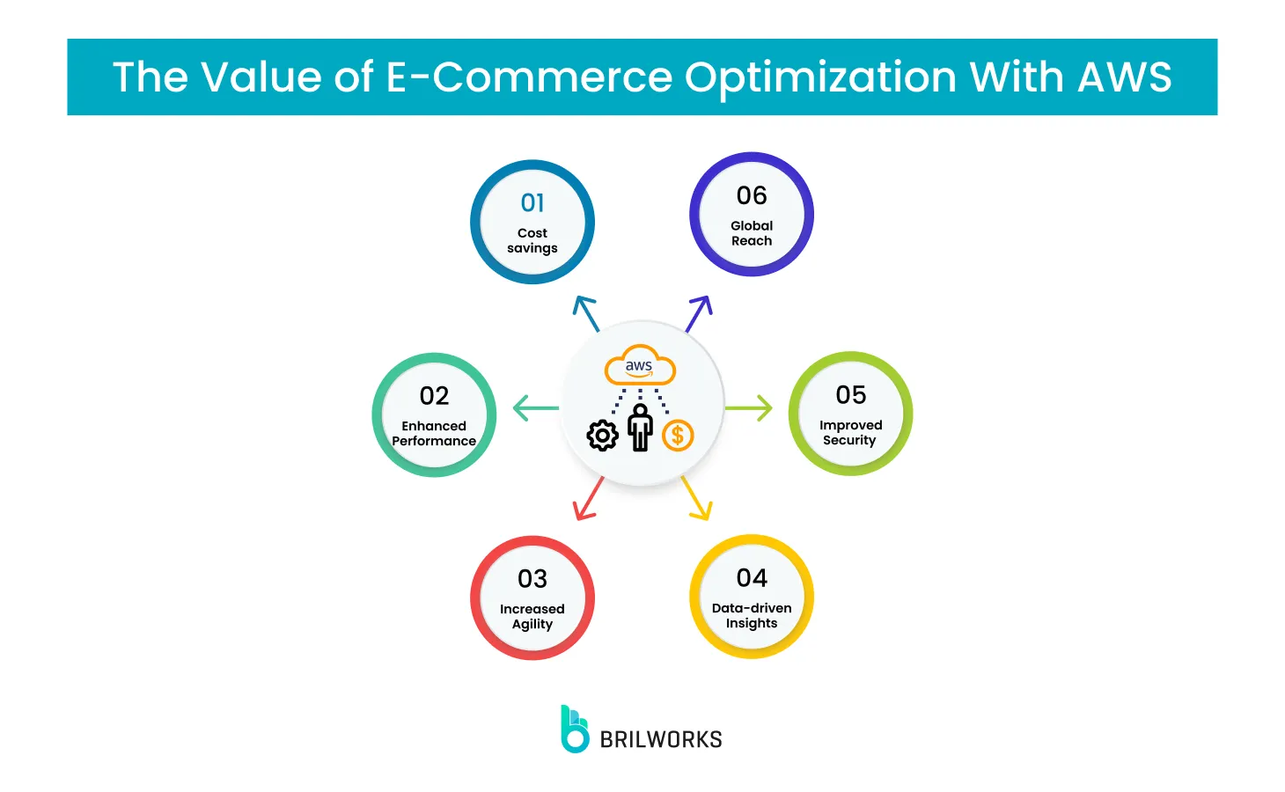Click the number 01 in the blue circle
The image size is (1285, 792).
pyautogui.click(x=532, y=203)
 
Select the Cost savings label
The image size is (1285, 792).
pyautogui.click(x=532, y=240)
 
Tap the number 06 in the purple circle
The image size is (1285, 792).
pyautogui.click(x=752, y=195)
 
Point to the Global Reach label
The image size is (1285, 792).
pyautogui.click(x=752, y=233)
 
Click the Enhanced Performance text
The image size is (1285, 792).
pyautogui.click(x=434, y=433)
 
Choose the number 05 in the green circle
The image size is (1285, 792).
pyautogui.click(x=851, y=395)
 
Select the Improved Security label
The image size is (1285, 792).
pyautogui.click(x=850, y=432)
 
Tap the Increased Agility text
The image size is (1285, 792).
pyautogui.click(x=532, y=616)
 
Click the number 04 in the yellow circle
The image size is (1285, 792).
pyautogui.click(x=752, y=578)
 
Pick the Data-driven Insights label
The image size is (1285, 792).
pyautogui.click(x=752, y=615)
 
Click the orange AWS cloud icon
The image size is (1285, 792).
pyautogui.click(x=640, y=366)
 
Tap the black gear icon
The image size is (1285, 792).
pyautogui.click(x=603, y=435)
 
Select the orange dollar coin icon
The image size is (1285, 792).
pyautogui.click(x=678, y=435)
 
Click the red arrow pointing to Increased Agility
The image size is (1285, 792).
pyautogui.click(x=587, y=499)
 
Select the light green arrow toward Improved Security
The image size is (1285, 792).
pyautogui.click(x=749, y=408)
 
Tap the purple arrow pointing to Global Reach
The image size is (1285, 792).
pyautogui.click(x=698, y=313)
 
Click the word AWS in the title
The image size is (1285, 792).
pyautogui.click(x=1125, y=77)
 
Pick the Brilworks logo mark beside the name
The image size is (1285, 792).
pyautogui.click(x=575, y=729)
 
